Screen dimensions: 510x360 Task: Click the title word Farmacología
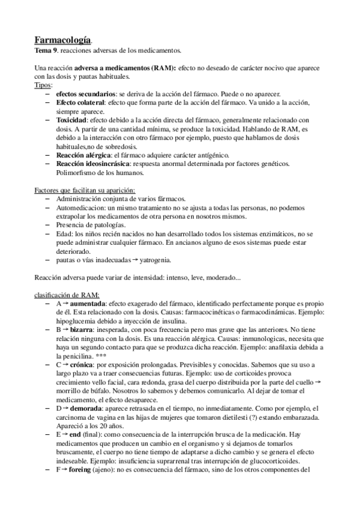pos(63,40)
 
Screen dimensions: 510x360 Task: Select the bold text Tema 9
pos(47,51)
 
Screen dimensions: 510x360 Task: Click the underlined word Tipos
pos(43,86)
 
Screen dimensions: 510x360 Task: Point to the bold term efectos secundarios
pos(86,94)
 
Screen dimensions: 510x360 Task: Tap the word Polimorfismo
pos(77,172)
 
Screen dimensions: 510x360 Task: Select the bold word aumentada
pos(92,305)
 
